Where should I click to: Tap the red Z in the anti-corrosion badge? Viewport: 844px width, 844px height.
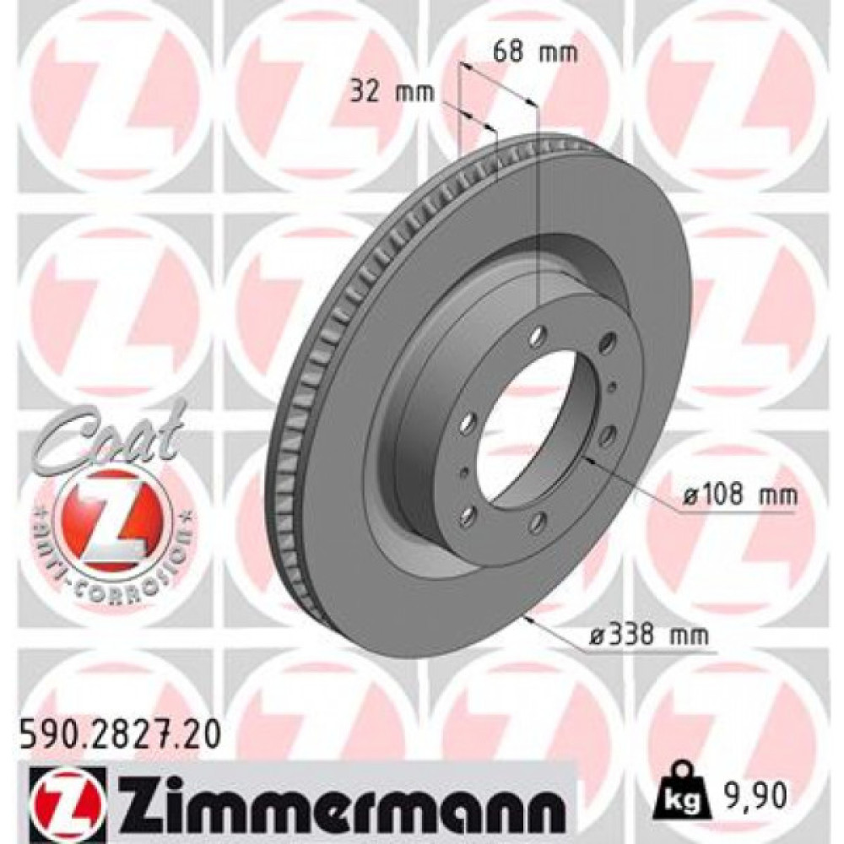tap(111, 515)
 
